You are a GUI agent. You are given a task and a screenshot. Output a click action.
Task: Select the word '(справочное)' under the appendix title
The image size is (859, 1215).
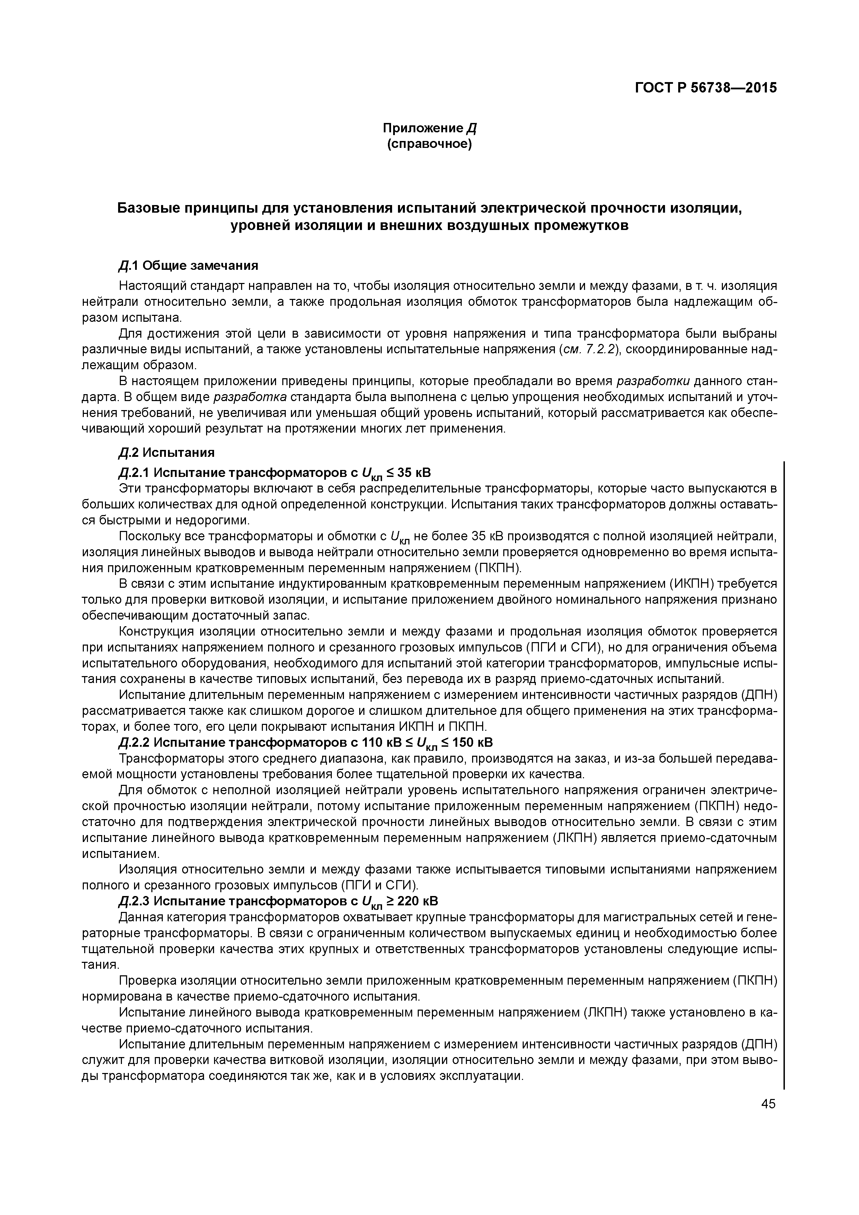[429, 144]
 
